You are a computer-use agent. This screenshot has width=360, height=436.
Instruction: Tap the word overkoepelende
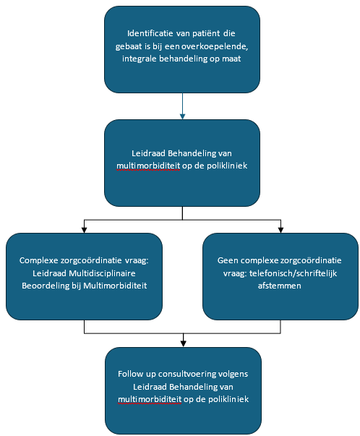(x=215, y=46)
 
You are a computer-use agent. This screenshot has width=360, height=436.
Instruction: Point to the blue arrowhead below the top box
(x=182, y=116)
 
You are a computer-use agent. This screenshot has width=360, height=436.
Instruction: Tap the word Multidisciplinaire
(x=102, y=273)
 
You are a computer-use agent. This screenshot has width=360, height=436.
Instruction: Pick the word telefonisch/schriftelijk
(x=293, y=273)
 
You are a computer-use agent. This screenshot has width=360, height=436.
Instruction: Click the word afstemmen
(x=279, y=286)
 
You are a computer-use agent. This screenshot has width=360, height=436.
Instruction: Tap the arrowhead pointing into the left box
(x=85, y=230)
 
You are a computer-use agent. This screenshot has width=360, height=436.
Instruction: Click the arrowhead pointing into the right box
(x=280, y=230)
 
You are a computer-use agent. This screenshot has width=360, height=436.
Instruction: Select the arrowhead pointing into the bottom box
(x=183, y=343)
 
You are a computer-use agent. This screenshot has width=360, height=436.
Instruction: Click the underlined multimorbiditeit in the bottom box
(x=150, y=399)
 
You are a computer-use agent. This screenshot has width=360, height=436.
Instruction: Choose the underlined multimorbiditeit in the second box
(x=148, y=166)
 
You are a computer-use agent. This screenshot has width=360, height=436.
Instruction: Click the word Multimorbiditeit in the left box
(x=115, y=286)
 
